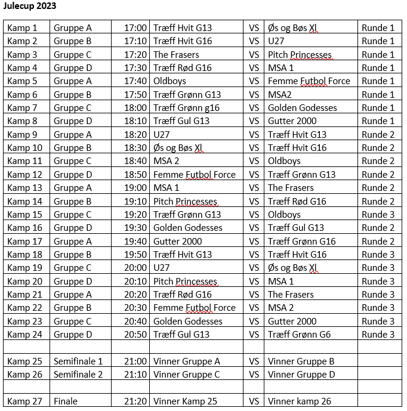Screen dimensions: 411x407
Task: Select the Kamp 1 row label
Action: coord(22,27)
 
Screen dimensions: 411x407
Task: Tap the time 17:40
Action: coord(135,81)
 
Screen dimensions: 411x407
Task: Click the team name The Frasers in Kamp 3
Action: coord(177,54)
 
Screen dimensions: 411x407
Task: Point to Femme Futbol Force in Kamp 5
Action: coord(309,81)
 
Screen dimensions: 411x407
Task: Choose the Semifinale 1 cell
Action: coord(78,361)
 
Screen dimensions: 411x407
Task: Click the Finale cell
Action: coord(66,401)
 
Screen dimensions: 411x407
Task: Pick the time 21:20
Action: coord(135,401)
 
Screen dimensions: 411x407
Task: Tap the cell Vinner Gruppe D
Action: coord(301,375)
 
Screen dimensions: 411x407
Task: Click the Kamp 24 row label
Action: coord(24,334)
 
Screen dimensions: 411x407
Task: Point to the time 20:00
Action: coord(135,268)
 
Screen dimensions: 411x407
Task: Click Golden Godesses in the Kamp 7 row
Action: coord(303,107)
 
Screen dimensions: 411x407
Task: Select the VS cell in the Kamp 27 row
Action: coord(254,401)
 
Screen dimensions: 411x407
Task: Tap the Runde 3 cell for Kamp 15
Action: coord(378,214)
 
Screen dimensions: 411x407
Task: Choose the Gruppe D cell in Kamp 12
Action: coord(73,174)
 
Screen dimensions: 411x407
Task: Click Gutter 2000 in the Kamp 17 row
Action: coord(178,241)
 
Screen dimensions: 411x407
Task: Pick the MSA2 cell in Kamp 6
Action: coord(280,94)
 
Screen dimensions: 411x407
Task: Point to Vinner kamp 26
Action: coord(300,401)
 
